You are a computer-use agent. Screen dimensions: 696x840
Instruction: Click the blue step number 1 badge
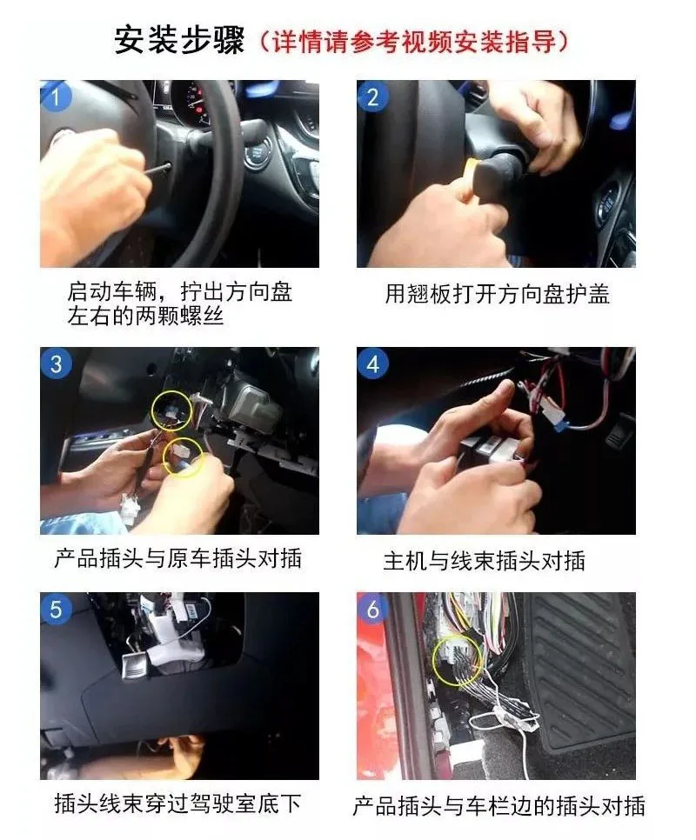pos(55,97)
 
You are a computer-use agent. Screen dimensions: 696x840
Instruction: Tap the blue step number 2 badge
pos(372,97)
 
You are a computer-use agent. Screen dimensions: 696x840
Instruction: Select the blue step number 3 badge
pos(56,363)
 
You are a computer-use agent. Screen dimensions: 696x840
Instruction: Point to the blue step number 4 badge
pos(372,363)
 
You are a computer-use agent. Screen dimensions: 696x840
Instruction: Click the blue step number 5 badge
pos(56,609)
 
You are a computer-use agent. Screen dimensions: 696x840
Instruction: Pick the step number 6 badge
pos(372,609)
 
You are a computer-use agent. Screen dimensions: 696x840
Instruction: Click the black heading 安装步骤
pos(179,40)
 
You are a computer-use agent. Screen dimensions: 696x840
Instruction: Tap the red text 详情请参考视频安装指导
pos(413,41)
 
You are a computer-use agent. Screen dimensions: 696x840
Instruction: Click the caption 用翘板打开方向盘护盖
pos(497,294)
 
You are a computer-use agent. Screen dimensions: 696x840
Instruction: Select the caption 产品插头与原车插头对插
pos(177,558)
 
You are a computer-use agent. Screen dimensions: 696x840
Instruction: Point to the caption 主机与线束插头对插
pos(484,560)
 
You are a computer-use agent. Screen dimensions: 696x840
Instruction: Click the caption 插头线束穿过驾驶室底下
pos(177,803)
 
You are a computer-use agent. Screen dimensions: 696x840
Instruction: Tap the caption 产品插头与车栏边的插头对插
pos(499,806)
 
